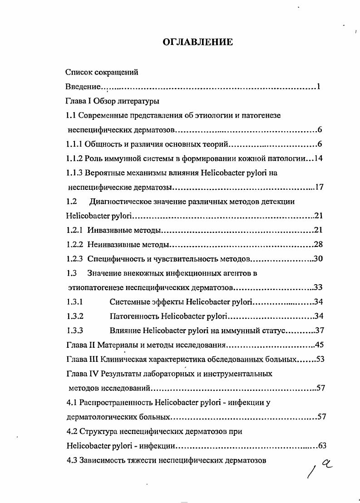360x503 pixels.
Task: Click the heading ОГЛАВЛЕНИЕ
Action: point(197,43)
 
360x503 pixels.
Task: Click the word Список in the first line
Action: point(78,72)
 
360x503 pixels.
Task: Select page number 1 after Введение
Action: point(319,86)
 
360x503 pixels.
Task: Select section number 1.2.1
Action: point(74,230)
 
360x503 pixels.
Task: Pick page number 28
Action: point(318,245)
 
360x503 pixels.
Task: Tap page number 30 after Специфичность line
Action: point(318,259)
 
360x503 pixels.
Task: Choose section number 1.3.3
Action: point(74,330)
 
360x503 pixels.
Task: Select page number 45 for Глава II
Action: point(318,345)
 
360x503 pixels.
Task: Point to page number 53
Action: point(320,360)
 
